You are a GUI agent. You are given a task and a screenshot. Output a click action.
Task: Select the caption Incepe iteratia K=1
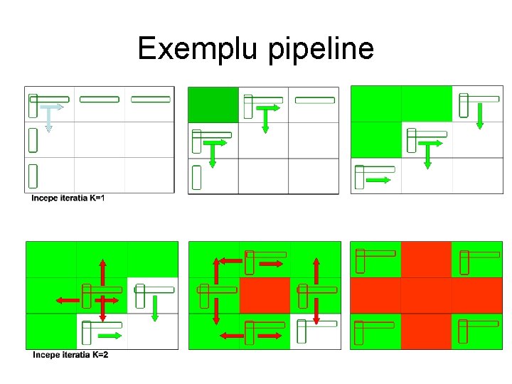click(x=68, y=198)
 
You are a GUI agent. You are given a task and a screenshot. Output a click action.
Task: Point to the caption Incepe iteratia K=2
click(x=70, y=355)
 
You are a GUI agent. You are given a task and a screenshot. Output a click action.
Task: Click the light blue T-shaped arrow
click(x=48, y=117)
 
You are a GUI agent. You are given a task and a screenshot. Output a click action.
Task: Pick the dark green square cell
click(x=213, y=105)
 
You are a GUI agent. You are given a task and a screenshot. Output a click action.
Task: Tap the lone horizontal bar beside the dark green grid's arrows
click(x=314, y=100)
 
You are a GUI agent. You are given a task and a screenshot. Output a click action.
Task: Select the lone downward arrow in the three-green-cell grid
click(x=479, y=116)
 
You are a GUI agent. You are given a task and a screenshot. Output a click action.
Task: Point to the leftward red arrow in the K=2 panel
click(x=68, y=301)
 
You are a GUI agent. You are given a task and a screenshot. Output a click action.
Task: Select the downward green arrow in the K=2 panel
click(x=154, y=307)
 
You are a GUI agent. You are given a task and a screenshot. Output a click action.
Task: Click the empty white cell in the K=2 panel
click(x=152, y=331)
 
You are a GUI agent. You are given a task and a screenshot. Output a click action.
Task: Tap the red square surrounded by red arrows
click(x=265, y=295)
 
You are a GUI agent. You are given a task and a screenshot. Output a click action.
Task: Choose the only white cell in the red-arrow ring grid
click(x=315, y=331)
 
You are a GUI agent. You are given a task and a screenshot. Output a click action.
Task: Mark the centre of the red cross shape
click(x=426, y=295)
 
